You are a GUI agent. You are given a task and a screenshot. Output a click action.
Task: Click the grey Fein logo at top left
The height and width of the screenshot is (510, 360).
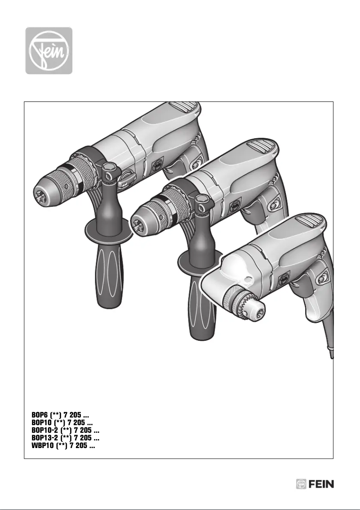click(x=48, y=50)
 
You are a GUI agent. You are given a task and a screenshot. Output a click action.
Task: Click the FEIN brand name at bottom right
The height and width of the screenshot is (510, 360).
click(x=321, y=484)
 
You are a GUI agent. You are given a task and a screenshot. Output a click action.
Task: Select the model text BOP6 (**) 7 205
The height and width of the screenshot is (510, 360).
click(x=63, y=417)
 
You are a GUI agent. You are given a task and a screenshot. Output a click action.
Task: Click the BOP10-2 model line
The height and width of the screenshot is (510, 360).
click(x=66, y=430)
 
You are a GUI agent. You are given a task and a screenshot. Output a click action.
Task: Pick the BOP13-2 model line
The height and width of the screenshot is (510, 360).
click(x=66, y=437)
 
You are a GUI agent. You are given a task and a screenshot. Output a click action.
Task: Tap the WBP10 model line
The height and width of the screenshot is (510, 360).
click(x=63, y=444)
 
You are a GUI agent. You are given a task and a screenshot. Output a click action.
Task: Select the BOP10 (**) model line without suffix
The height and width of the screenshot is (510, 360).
click(x=62, y=423)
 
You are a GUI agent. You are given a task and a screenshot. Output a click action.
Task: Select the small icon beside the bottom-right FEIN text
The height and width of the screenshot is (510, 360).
click(x=301, y=484)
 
